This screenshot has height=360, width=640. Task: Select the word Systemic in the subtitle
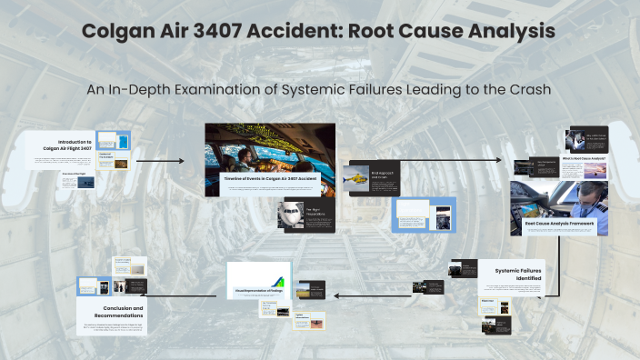[319, 91]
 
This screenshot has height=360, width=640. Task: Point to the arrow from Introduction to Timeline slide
[159, 161]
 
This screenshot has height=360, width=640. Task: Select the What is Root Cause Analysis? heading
[585, 158]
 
